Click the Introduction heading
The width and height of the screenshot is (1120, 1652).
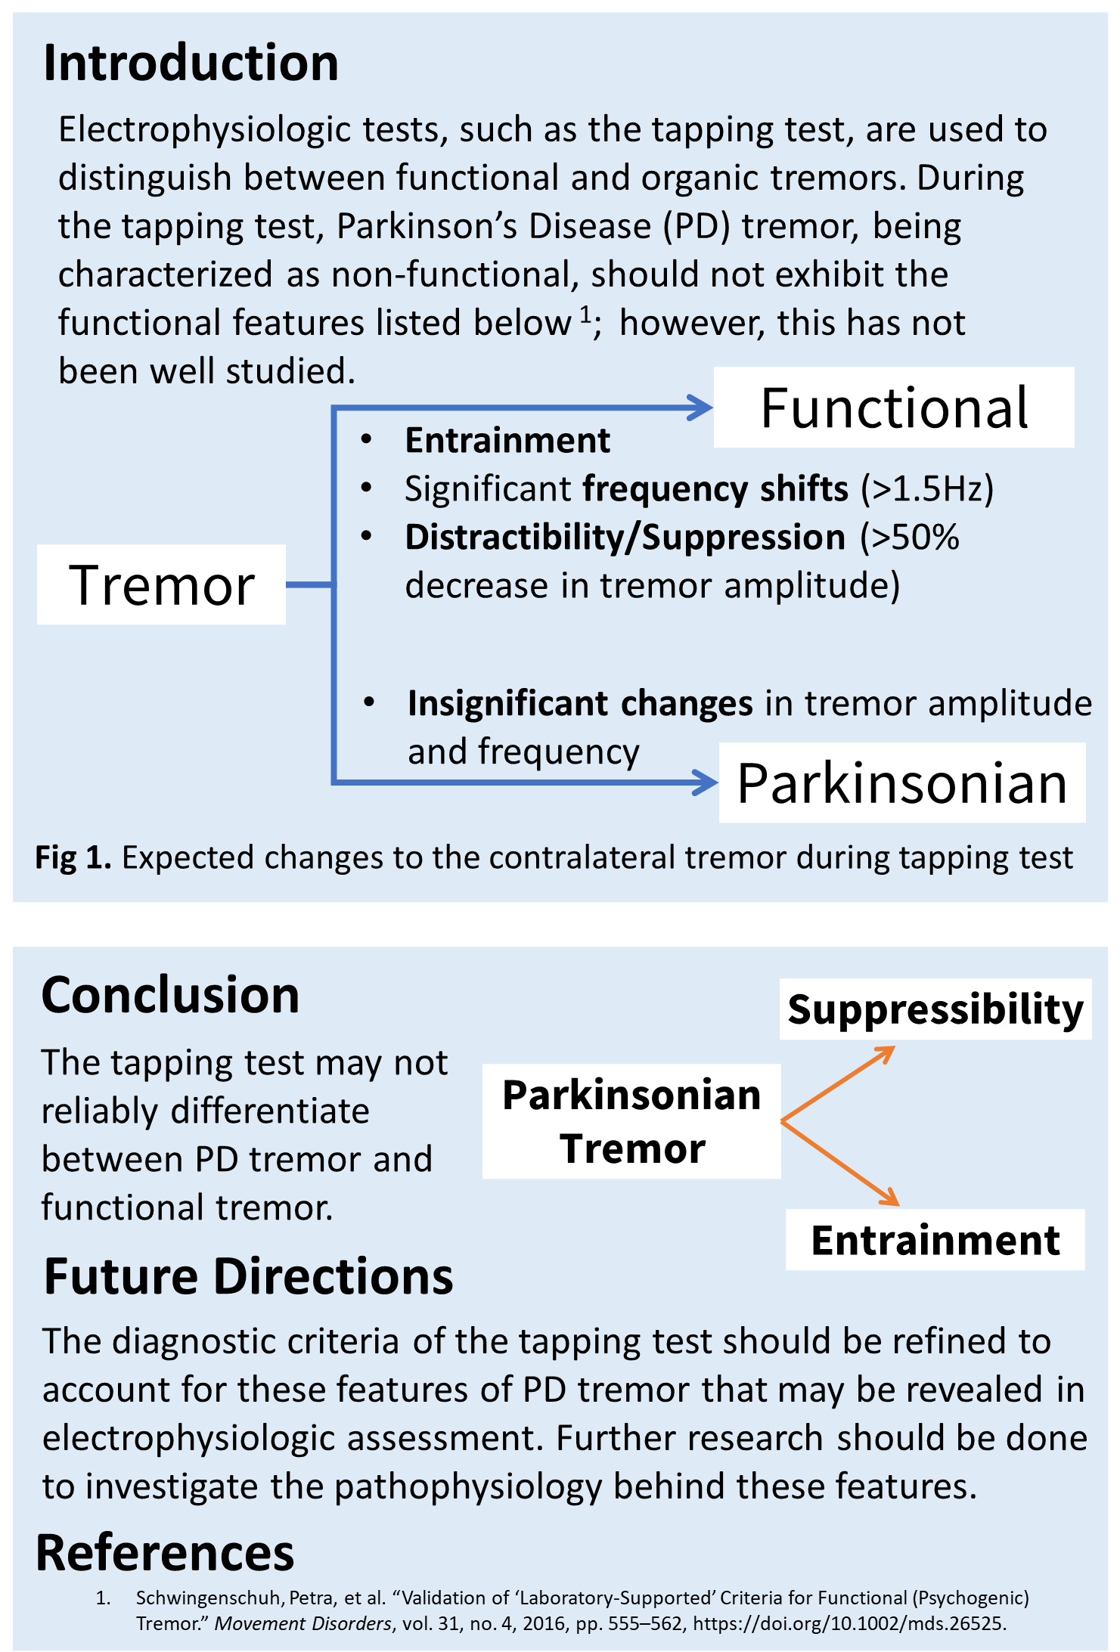191,62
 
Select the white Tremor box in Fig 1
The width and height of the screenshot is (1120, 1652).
161,584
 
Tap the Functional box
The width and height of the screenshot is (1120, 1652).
894,408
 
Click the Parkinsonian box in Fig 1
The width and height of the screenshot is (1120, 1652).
902,783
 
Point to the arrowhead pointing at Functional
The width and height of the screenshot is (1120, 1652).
700,408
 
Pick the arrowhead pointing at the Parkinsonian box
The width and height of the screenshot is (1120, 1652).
706,782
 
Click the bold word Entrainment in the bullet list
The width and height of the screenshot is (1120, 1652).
507,441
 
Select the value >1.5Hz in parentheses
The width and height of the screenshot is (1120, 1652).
927,489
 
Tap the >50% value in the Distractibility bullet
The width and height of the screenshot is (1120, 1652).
910,538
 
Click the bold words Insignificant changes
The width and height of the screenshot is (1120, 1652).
580,704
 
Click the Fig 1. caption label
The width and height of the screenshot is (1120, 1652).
73,858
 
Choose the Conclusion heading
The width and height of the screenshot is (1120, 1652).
170,995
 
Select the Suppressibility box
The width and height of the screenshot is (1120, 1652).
935,1009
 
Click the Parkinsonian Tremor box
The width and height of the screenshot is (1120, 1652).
631,1121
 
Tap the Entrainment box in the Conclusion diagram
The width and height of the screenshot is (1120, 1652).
935,1240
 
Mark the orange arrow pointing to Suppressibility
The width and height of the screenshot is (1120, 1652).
838,1083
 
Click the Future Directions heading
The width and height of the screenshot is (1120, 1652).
249,1277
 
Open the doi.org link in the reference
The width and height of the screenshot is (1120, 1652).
849,1624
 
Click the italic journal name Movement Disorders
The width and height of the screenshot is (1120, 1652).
303,1624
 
